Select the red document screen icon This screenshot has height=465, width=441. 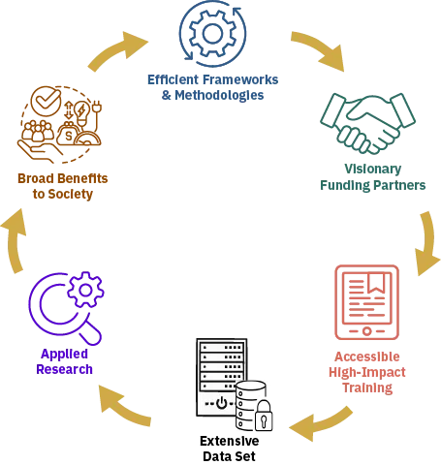[366, 300]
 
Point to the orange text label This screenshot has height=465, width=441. [60, 186]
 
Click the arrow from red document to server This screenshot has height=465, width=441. [321, 419]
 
